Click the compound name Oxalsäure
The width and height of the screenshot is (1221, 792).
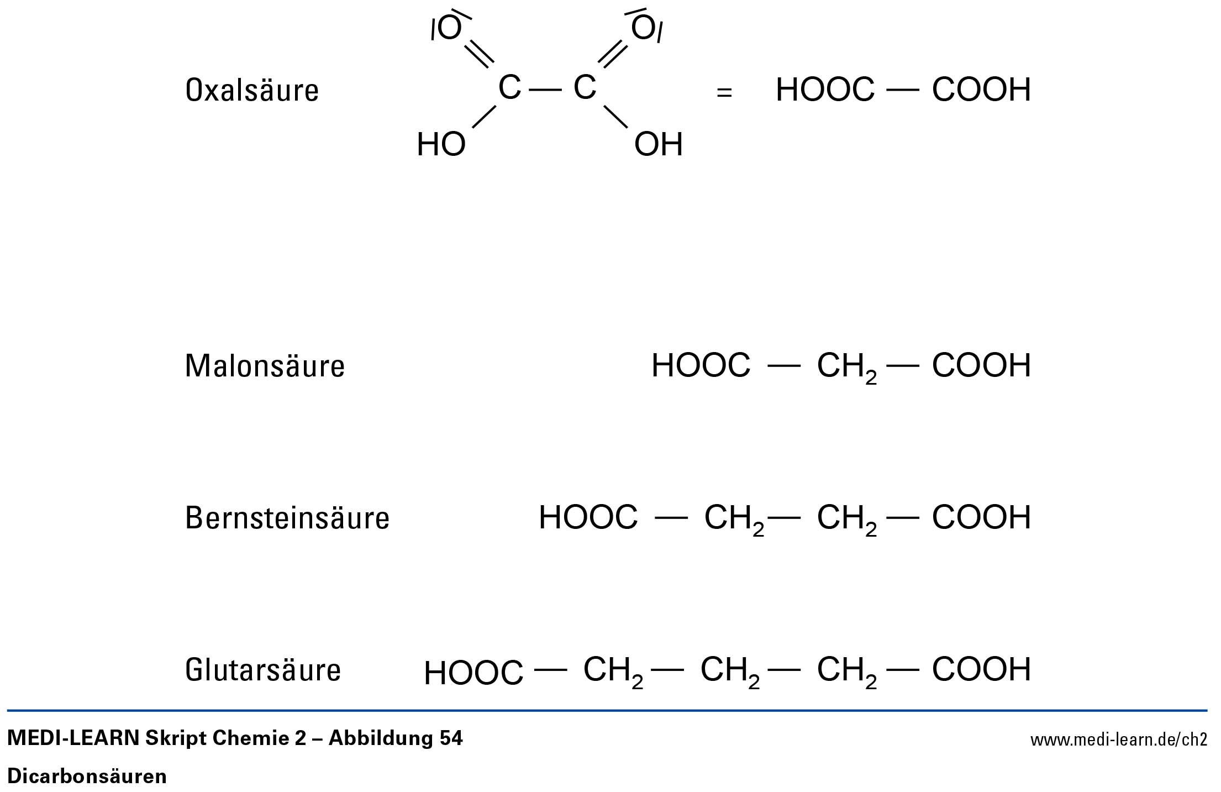click(x=252, y=90)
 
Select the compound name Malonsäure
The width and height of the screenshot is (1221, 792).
click(x=265, y=366)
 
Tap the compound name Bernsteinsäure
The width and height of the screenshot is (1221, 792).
click(x=287, y=518)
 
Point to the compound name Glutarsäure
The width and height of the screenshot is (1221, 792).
click(x=263, y=670)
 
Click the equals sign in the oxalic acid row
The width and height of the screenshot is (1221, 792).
click(x=724, y=92)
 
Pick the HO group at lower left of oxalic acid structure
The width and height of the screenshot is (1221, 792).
click(x=441, y=145)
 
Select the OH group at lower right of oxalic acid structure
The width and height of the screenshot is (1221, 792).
click(x=659, y=145)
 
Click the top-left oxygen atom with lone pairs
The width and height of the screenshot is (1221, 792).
click(x=449, y=28)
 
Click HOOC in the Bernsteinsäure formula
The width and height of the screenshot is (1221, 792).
click(x=588, y=518)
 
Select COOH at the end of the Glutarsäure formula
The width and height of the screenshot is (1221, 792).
click(x=981, y=670)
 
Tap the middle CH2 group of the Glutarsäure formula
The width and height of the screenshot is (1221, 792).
click(x=730, y=671)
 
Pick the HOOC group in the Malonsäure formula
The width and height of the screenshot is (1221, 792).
click(x=701, y=366)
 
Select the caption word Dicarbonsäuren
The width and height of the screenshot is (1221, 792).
click(x=87, y=777)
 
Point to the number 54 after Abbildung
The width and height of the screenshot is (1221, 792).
click(x=451, y=738)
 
